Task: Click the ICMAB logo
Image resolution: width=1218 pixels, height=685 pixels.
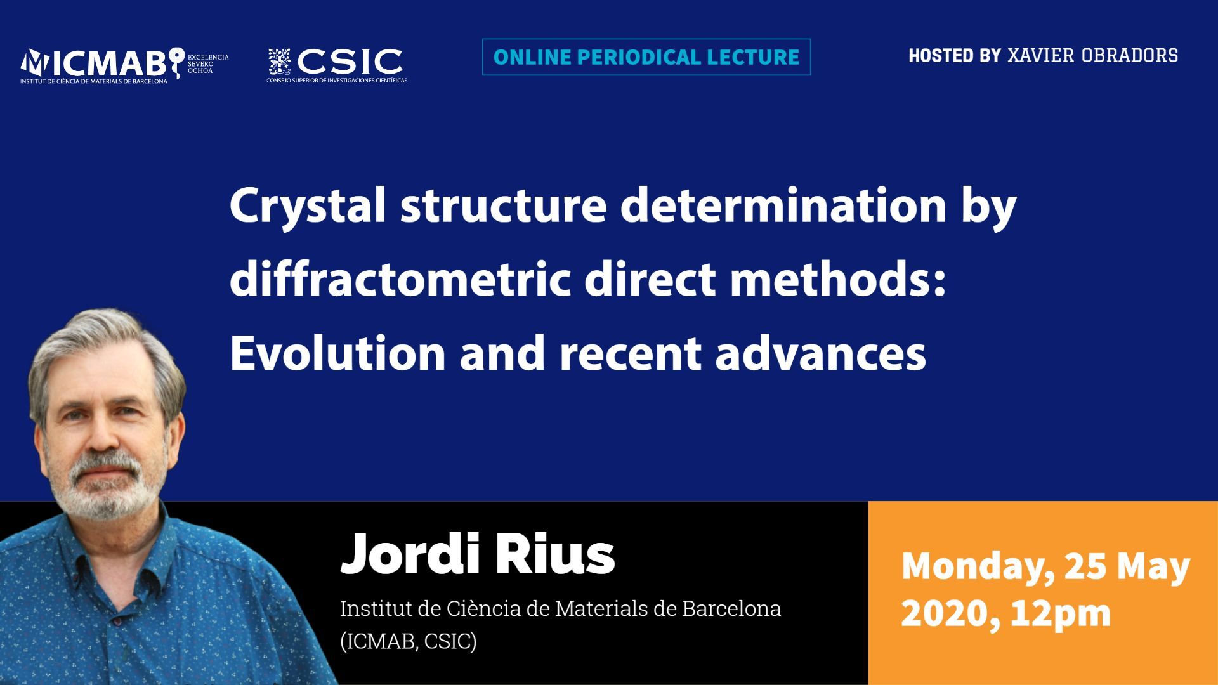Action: (x=124, y=66)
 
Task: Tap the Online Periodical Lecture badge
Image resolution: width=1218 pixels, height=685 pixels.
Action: (x=646, y=57)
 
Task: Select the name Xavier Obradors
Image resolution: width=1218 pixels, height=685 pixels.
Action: (x=1092, y=56)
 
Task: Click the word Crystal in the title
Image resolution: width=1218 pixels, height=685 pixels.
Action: (x=308, y=207)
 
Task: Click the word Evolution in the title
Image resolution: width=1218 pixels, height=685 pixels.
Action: (x=337, y=353)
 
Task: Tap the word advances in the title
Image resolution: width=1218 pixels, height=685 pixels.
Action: (x=820, y=353)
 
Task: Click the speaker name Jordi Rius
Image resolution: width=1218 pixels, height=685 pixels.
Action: (x=478, y=553)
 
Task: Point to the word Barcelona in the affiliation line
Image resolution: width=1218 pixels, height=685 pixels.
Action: (x=731, y=608)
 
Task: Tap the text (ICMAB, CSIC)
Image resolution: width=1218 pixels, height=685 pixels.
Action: (x=408, y=641)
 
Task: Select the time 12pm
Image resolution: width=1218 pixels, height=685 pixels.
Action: (x=1061, y=614)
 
